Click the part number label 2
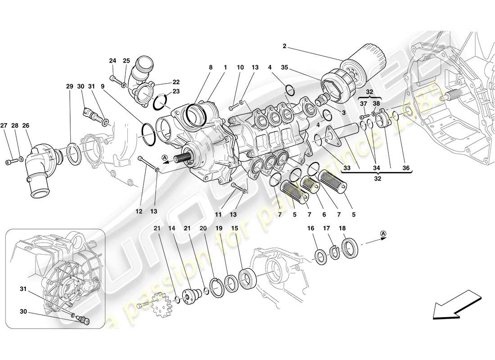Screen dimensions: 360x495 click(x=284, y=46)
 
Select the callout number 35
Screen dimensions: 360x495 click(x=284, y=67)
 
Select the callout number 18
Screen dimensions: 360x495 click(x=342, y=229)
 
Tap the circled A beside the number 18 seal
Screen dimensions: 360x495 click(x=383, y=233)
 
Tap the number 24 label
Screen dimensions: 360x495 click(x=112, y=60)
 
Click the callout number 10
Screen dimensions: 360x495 click(x=240, y=67)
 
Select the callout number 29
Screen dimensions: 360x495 click(x=69, y=86)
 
